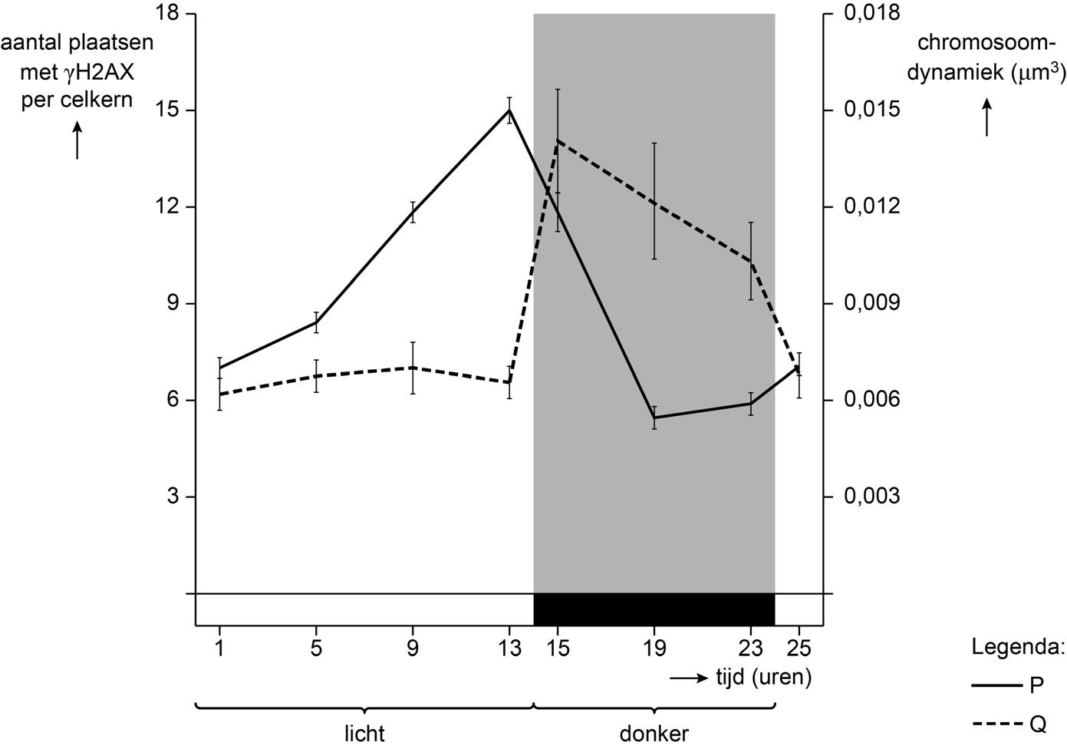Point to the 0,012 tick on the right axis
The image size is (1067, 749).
click(x=870, y=207)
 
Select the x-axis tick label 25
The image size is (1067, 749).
click(x=799, y=649)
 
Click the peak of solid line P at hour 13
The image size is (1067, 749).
click(x=509, y=110)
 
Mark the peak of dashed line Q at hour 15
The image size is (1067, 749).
click(x=558, y=140)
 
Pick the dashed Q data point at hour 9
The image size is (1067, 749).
click(x=413, y=368)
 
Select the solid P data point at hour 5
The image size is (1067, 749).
click(x=316, y=322)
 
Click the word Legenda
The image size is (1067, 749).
click(x=1018, y=647)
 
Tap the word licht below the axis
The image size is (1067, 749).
click(x=364, y=733)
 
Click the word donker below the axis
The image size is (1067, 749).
click(x=654, y=733)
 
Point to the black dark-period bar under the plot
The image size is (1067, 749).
click(x=654, y=609)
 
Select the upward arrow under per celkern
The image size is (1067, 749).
click(x=77, y=143)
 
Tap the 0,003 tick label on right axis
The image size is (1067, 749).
click(x=870, y=497)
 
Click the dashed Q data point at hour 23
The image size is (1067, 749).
click(x=751, y=262)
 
